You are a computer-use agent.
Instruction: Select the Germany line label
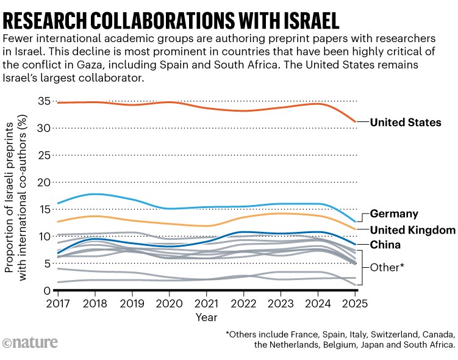394,214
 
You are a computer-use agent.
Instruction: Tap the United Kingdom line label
413,230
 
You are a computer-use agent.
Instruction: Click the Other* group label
388,267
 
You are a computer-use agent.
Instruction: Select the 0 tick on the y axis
46,291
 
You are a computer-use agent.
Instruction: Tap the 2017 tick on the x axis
59,303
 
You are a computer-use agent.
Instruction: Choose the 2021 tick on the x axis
207,303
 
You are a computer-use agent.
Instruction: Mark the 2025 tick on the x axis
356,303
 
